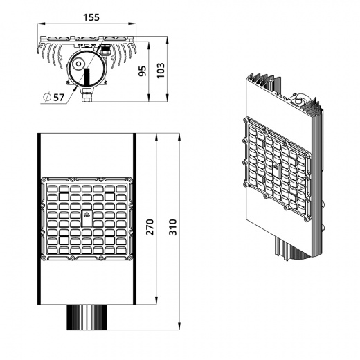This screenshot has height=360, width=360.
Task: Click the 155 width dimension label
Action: coord(91,17)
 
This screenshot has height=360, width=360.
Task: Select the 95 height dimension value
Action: coord(143,71)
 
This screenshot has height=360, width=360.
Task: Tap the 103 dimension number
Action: coord(161,71)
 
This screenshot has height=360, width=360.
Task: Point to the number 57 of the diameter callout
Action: coord(59,98)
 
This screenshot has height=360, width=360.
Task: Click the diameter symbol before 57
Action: coord(47,97)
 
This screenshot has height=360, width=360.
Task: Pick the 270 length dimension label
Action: coord(150,227)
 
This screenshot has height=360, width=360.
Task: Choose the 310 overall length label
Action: coord(173,227)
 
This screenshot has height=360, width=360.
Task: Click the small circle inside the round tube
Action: coord(78,64)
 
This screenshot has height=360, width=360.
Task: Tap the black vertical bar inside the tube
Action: coord(87,76)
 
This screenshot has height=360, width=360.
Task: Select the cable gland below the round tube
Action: coord(87,94)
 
